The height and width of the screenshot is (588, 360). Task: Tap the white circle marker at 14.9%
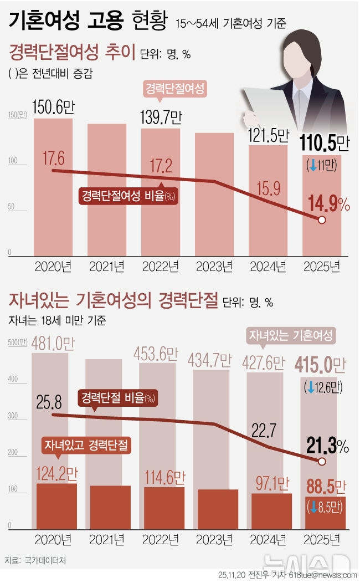[322, 220]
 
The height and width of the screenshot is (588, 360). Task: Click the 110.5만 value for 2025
[325, 144]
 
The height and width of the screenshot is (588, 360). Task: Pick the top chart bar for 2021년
[106, 188]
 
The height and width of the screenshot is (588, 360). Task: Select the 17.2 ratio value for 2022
[161, 165]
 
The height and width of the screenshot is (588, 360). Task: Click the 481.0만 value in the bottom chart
[53, 344]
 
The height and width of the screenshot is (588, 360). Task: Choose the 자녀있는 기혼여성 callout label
[291, 335]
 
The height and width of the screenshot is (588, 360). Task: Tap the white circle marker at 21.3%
[322, 462]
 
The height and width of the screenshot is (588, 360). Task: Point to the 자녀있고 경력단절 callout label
[86, 445]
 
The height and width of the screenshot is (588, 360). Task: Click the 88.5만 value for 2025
[325, 488]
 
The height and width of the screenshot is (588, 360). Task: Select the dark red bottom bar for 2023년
[213, 509]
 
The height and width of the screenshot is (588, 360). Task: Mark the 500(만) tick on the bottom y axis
[17, 343]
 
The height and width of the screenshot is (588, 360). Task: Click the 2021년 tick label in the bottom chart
[106, 539]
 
